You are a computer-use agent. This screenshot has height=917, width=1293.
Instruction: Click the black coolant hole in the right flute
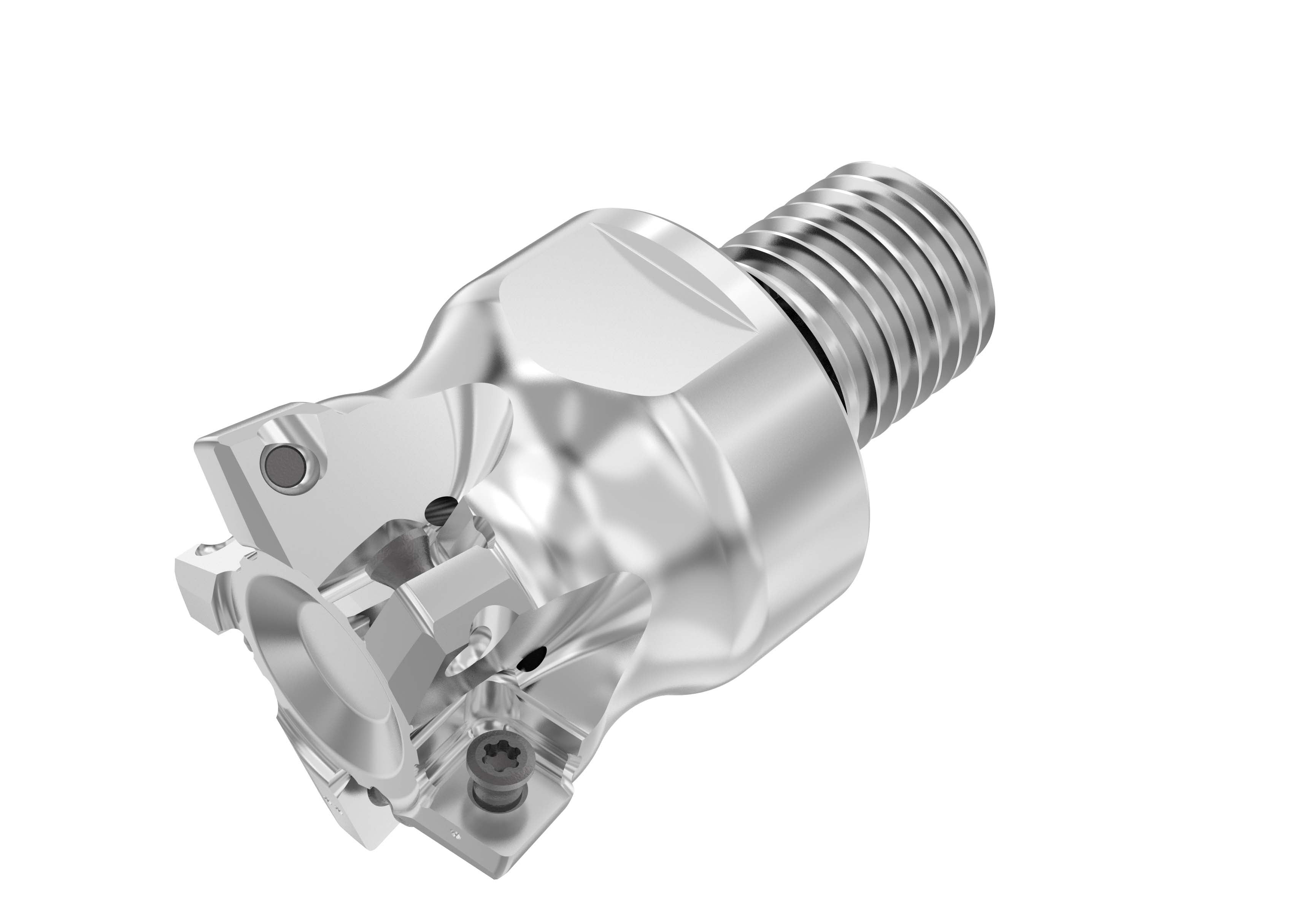pyautogui.click(x=532, y=658)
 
